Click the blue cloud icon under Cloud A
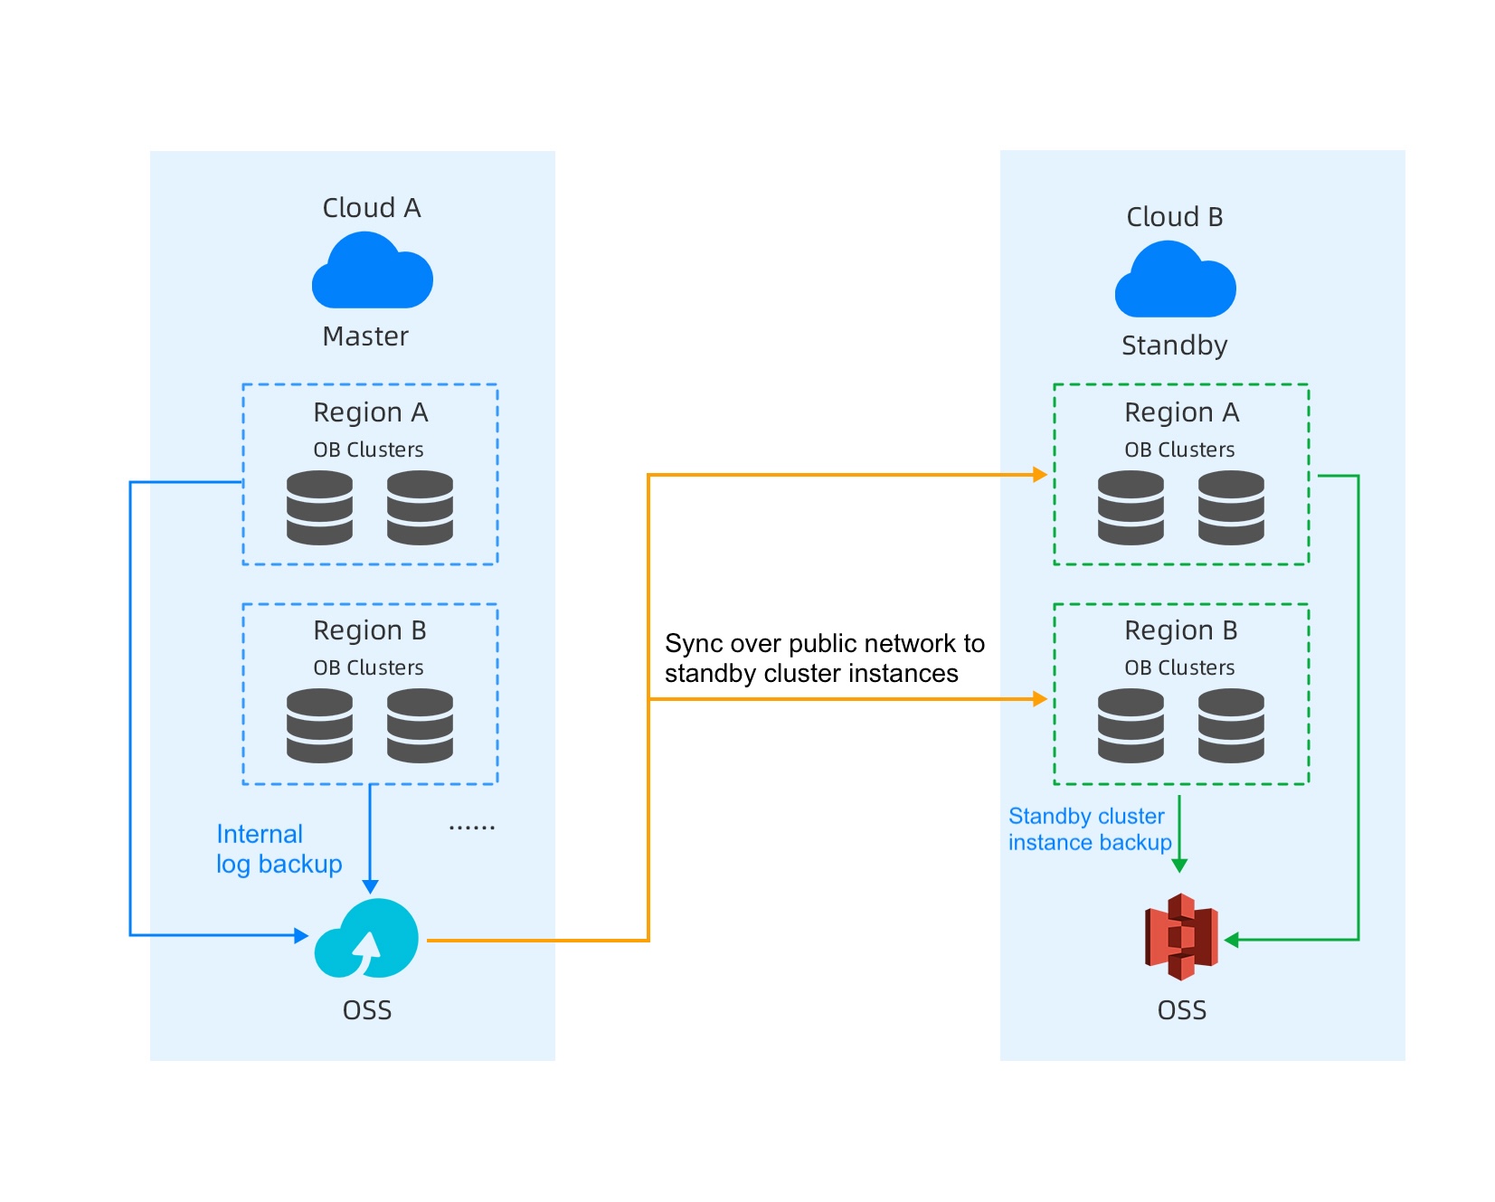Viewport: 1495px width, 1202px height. coord(372,271)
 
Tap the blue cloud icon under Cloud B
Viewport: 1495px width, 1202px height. coord(1175,280)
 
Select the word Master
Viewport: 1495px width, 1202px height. coord(365,336)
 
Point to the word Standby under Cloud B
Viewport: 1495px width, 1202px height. coord(1174,345)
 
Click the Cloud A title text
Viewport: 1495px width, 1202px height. coord(372,208)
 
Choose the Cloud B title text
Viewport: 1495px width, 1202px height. coord(1174,217)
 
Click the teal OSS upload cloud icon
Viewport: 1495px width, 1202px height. coord(366,938)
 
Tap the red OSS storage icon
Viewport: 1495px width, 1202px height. coord(1181,937)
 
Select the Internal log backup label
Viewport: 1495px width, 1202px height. coord(279,848)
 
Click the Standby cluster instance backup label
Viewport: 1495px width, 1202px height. coord(1089,829)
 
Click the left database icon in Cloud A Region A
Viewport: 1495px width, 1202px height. coord(319,507)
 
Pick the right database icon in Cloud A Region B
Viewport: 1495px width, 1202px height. coord(420,725)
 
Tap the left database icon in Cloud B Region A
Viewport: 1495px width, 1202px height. coord(1131,507)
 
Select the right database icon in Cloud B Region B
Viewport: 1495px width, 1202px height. coord(1231,725)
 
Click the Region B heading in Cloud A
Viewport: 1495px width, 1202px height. coord(369,630)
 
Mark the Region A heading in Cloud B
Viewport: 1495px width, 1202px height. coord(1181,412)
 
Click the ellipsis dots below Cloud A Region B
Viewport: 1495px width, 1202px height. coord(471,828)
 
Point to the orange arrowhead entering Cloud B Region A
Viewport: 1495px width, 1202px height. coord(1040,474)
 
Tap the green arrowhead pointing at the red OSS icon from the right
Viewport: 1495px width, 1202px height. coord(1231,941)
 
